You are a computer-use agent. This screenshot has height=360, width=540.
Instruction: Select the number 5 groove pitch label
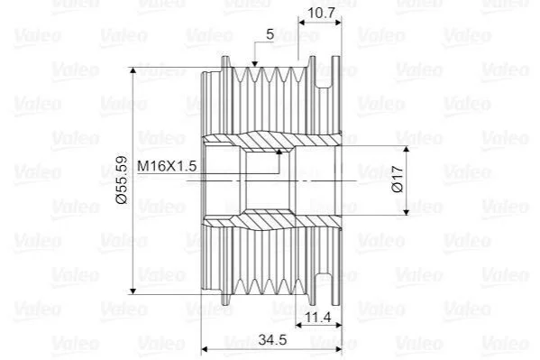270,34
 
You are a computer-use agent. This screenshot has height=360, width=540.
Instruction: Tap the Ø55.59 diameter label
123,180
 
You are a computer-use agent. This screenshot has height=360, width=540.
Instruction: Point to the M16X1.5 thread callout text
167,166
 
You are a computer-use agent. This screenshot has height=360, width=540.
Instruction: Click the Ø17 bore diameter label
398,179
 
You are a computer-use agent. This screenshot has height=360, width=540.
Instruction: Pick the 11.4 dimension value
318,317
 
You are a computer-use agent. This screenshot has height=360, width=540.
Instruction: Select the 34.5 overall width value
272,340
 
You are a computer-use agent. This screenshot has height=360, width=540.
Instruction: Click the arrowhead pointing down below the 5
254,63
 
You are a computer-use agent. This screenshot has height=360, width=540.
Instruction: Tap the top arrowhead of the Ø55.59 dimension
133,71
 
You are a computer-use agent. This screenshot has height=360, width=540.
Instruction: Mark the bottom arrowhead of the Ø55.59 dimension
133,291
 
